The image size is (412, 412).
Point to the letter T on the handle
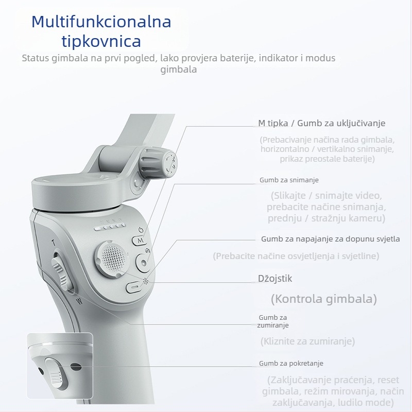point(53,242)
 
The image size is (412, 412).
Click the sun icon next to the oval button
point(146,282)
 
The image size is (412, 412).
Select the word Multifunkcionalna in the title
point(101,22)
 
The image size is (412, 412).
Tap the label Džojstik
point(275,279)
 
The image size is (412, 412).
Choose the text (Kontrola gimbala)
point(324,299)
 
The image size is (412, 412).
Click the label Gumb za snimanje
point(289,180)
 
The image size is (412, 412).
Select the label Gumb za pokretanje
point(291,363)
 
